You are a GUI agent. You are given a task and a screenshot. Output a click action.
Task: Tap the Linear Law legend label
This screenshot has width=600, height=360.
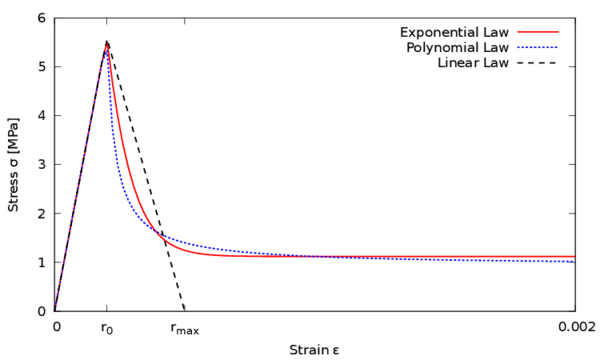point(474,64)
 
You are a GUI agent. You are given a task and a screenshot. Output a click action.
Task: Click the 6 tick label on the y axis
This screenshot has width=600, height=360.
point(41,18)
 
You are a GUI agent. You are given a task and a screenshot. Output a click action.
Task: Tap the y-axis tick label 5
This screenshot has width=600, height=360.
point(41,67)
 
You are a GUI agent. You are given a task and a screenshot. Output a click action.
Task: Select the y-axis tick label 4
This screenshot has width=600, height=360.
point(41,116)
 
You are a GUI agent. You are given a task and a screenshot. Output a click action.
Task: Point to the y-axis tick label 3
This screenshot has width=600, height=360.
point(41,165)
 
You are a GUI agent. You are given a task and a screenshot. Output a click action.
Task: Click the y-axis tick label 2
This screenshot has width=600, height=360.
point(41,214)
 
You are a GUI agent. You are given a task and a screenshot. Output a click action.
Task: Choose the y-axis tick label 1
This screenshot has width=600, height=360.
point(41,262)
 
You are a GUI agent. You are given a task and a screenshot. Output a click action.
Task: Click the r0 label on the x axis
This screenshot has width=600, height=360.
point(106,327)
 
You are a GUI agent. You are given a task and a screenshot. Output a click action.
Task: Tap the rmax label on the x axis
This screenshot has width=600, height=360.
point(185,327)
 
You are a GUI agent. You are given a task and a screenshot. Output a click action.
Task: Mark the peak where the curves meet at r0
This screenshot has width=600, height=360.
point(106,42)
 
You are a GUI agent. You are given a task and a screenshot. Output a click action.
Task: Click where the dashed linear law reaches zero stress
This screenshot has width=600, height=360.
point(184,310)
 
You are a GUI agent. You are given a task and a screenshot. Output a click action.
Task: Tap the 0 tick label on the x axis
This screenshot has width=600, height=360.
point(55,326)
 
